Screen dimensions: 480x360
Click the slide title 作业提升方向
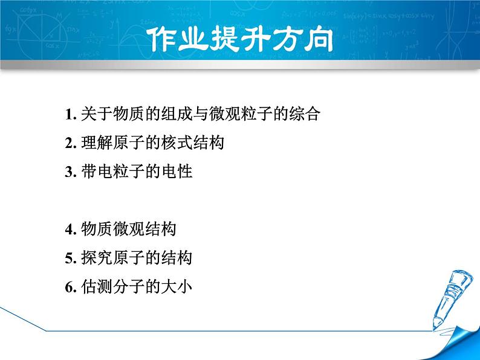click(x=240, y=39)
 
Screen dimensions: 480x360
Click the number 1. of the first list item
click(x=71, y=114)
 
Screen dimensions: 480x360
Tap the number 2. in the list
click(x=71, y=143)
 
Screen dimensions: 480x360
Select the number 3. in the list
click(x=71, y=172)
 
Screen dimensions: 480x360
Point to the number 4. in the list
click(x=71, y=230)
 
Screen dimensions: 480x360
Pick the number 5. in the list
click(x=71, y=258)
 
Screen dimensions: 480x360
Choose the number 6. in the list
click(x=71, y=287)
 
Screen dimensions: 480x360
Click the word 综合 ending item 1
click(x=305, y=114)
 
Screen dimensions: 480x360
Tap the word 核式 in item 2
click(x=177, y=143)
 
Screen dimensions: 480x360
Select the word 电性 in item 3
click(x=177, y=171)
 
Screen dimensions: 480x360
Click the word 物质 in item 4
click(x=97, y=229)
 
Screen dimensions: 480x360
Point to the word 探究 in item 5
click(x=97, y=257)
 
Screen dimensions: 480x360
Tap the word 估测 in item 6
click(x=97, y=286)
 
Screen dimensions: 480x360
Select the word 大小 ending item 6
click(x=177, y=286)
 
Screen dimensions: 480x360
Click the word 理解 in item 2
click(x=97, y=143)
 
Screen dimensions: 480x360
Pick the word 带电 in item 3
click(x=97, y=171)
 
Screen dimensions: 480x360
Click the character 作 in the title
click(x=161, y=39)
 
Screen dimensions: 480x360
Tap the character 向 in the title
click(x=319, y=39)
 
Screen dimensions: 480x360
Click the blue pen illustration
click(x=452, y=300)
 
